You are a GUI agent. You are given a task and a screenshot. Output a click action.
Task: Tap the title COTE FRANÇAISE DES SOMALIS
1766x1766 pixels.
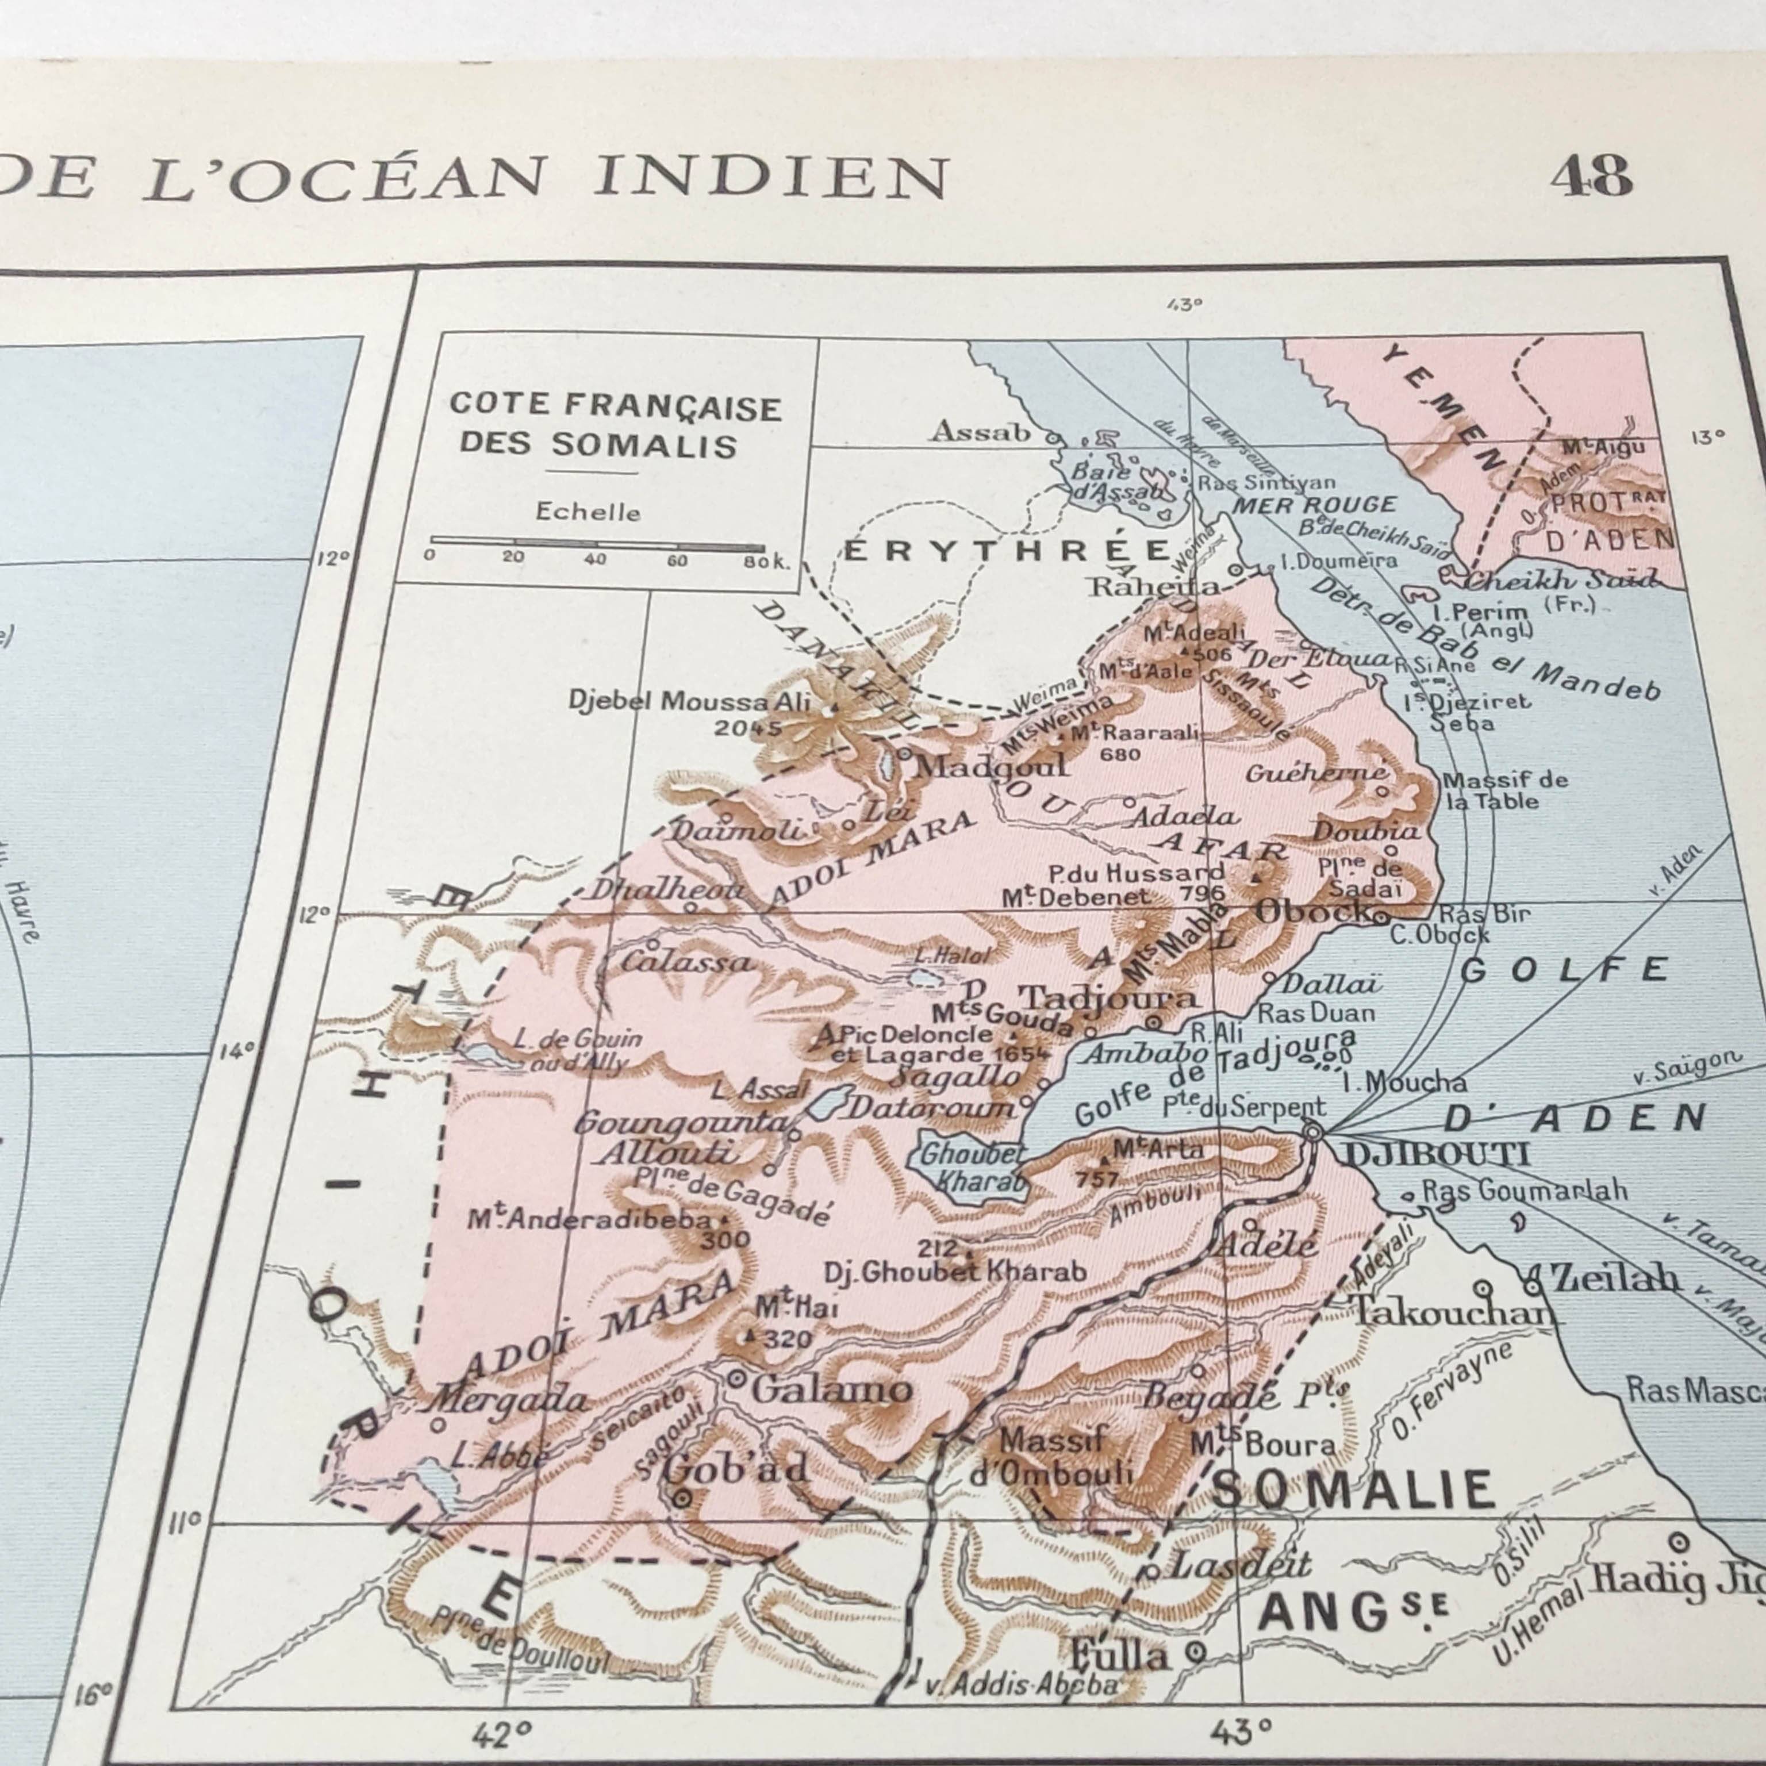pos(615,425)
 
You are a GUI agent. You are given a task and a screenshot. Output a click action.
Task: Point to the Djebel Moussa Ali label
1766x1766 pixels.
pos(689,701)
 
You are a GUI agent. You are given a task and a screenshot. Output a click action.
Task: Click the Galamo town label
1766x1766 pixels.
pos(830,1390)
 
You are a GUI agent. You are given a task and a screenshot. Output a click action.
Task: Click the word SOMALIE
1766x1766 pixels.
pos(1353,1491)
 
